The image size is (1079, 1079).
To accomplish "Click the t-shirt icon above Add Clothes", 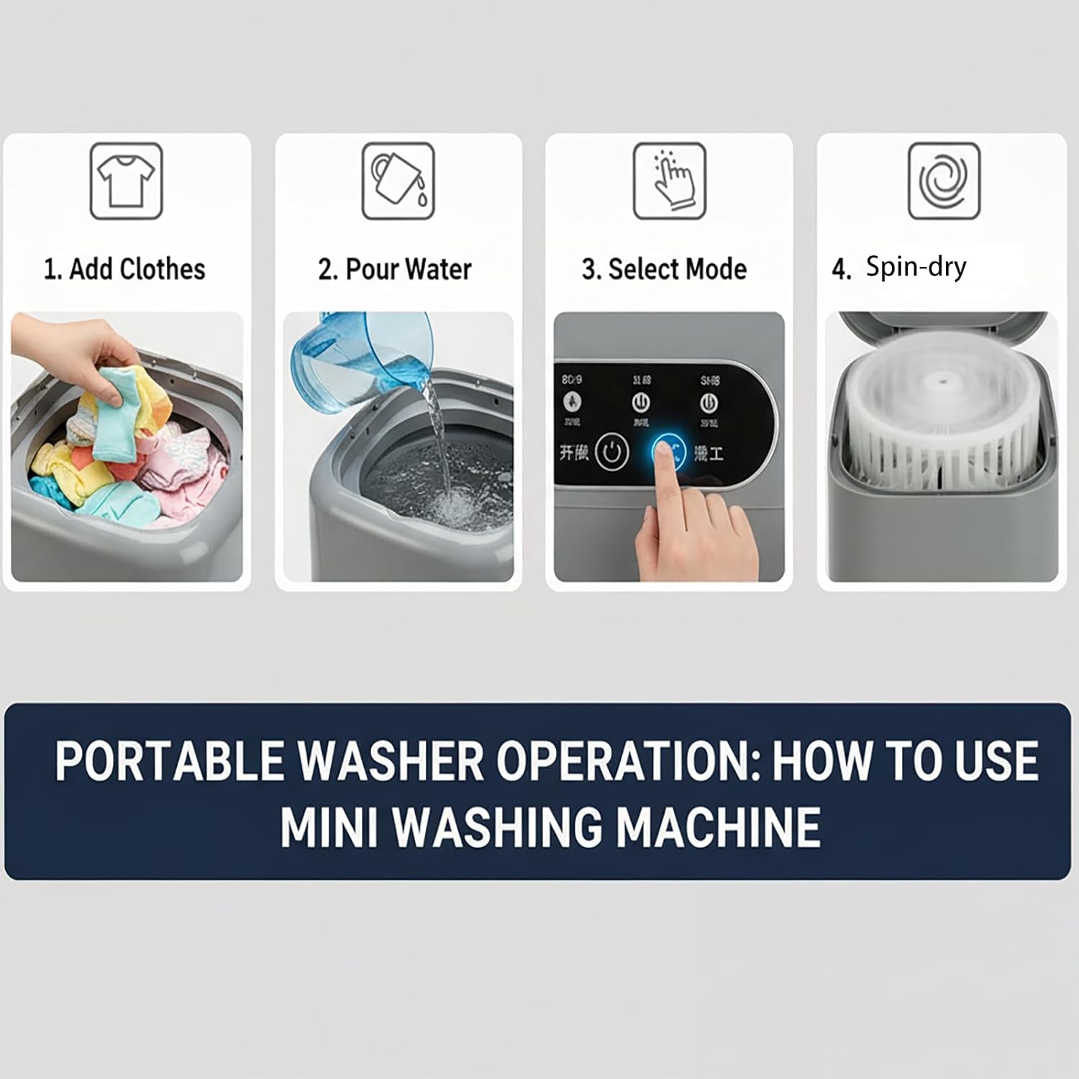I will point(127,181).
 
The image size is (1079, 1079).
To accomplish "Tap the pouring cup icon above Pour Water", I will point(398,181).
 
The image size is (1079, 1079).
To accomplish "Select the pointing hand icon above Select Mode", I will point(670,181).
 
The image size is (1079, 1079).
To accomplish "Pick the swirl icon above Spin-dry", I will point(944,181).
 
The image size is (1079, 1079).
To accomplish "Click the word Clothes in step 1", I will point(162,269).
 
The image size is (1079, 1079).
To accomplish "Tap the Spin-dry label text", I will point(916,267).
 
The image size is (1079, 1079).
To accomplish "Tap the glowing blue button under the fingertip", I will point(668,452).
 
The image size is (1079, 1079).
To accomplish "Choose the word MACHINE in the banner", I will point(719,827).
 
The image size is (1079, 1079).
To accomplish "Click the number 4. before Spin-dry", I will point(841,269).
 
